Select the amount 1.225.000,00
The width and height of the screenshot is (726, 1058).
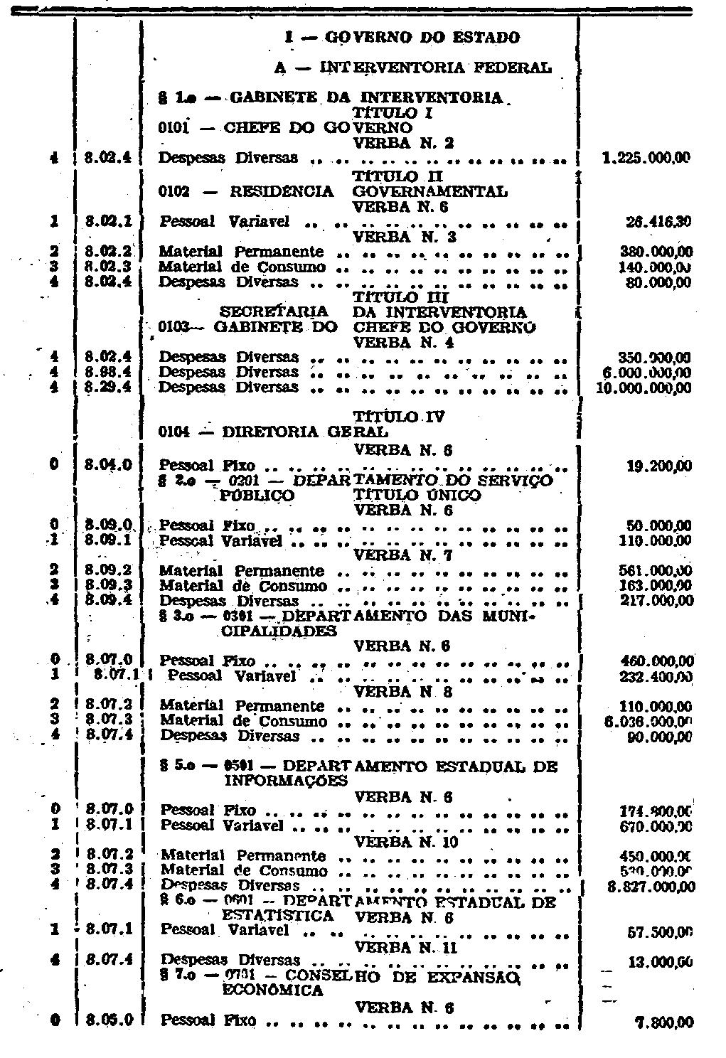pyautogui.click(x=646, y=159)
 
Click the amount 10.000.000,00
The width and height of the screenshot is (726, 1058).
pyautogui.click(x=644, y=388)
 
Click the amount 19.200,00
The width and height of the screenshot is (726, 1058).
pyautogui.click(x=659, y=466)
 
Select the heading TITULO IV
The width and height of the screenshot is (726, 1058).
pyautogui.click(x=398, y=417)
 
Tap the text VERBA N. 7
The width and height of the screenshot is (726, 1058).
pyautogui.click(x=403, y=555)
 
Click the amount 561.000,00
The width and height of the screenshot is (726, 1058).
pyautogui.click(x=656, y=571)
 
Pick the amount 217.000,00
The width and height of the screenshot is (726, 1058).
pyautogui.click(x=656, y=601)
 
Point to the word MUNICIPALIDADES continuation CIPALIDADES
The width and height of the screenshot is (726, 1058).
pyautogui.click(x=280, y=631)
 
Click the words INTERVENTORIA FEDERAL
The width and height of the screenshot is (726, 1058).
pyautogui.click(x=435, y=68)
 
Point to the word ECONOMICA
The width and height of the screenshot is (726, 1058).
pyautogui.click(x=273, y=990)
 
